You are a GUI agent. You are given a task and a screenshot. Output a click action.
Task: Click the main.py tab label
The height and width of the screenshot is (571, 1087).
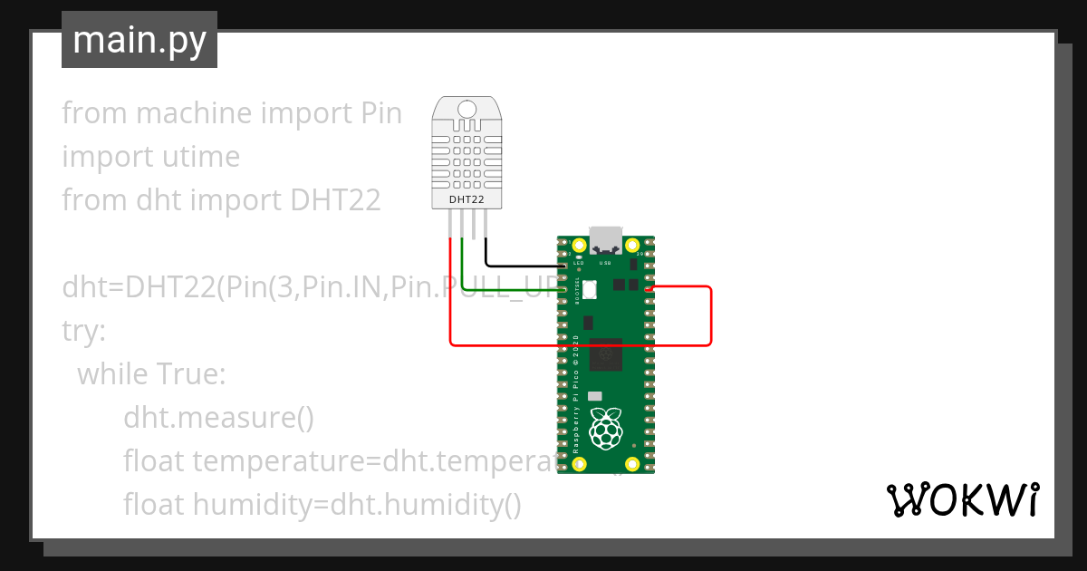pos(139,40)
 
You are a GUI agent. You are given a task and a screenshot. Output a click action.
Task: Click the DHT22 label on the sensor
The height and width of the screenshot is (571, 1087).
pos(467,199)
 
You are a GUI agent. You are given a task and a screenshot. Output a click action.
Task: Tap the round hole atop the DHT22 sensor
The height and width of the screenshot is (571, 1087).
pos(467,111)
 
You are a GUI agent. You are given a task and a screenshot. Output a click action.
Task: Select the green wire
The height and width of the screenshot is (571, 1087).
pos(507,290)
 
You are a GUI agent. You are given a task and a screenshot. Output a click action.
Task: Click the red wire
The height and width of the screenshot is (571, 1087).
pos(580,344)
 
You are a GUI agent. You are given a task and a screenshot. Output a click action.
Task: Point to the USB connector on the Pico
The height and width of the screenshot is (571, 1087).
pos(605,241)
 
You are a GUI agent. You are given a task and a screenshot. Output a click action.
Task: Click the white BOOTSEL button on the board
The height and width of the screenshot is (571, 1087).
pos(590,290)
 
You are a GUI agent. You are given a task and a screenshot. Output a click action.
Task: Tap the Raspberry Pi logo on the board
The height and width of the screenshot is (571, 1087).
pos(605,428)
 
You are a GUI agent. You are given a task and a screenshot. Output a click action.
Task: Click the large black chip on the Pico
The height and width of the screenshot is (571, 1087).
pos(605,354)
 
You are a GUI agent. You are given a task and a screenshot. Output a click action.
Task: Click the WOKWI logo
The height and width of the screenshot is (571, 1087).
pos(962,499)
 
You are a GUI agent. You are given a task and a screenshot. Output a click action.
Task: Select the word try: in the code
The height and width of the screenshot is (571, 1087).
pos(84,330)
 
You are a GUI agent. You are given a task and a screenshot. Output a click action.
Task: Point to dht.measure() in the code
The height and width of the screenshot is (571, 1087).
pos(218,417)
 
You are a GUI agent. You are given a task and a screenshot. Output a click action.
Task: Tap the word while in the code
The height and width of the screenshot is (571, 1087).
pos(114,373)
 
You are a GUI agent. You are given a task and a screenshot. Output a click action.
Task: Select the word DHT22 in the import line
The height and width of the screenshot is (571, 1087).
pos(335,200)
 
